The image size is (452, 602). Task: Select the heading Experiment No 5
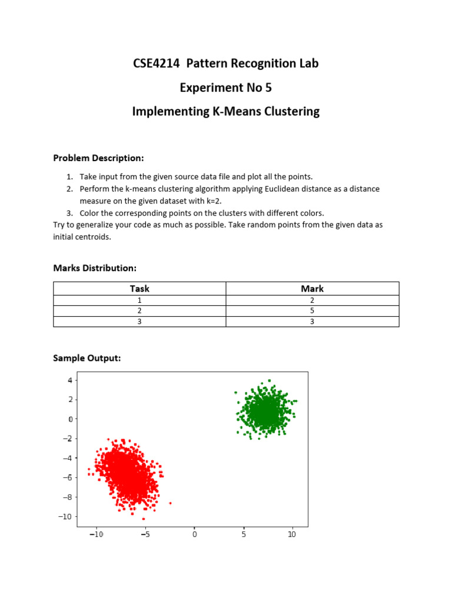coord(226,88)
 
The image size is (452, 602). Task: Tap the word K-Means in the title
coord(233,111)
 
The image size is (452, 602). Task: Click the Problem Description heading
coord(98,158)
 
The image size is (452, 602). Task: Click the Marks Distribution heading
coord(95,268)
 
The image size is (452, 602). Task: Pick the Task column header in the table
coord(139,289)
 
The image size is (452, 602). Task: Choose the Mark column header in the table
coord(312,289)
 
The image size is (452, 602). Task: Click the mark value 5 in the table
coord(312,310)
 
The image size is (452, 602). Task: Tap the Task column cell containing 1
coord(139,300)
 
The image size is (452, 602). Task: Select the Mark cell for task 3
coord(312,322)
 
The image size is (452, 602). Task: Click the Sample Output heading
coord(87,358)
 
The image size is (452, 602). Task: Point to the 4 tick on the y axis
coord(69,380)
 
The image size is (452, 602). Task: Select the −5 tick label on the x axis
coord(145,534)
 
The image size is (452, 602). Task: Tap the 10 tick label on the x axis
coord(291,534)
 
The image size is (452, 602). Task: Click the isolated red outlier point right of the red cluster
coord(171,503)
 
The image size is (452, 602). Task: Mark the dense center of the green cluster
coord(265,412)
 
